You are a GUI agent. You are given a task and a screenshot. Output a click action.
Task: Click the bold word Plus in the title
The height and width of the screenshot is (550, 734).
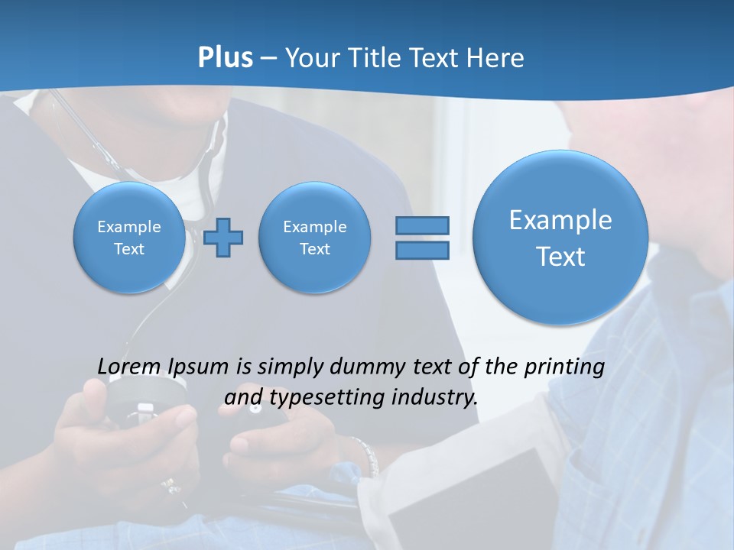pos(225,58)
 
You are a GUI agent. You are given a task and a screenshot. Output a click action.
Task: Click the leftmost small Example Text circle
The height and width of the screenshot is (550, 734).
pos(129,238)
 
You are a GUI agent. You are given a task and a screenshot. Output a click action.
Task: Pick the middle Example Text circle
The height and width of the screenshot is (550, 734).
pos(315,238)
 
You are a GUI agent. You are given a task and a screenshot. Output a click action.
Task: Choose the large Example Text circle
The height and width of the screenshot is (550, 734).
pos(560,238)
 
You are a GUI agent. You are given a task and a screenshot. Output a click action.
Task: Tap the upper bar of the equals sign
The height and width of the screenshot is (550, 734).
pos(422,225)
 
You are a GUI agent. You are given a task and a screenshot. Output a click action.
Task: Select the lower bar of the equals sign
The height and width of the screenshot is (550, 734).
pos(422,250)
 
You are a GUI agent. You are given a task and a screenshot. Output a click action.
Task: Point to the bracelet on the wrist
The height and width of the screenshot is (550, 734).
pos(366,455)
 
